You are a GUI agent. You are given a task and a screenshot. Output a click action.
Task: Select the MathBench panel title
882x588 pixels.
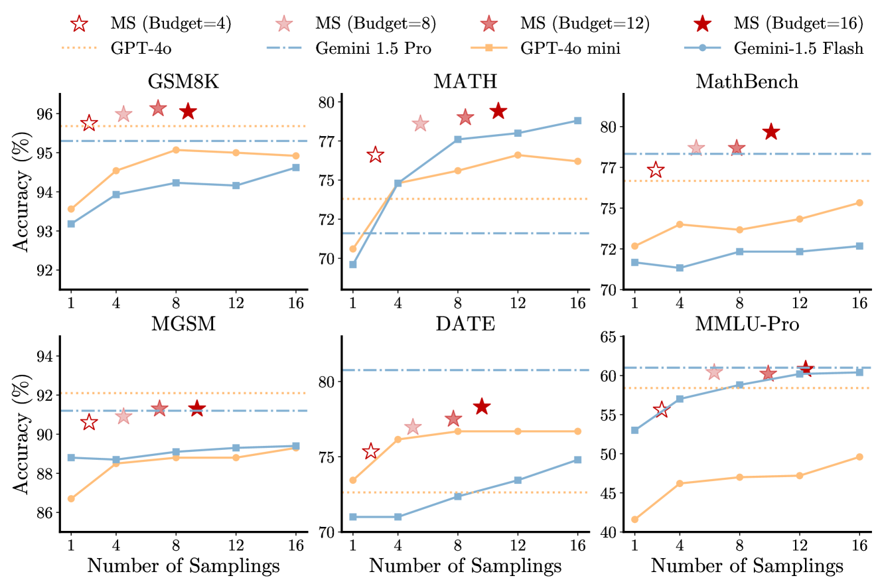point(747,82)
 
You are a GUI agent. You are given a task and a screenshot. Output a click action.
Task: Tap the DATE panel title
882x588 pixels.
point(465,325)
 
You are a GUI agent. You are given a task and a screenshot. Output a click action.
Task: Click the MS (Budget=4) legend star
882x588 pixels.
point(79,25)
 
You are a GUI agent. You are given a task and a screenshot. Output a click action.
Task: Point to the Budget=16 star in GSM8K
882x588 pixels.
point(188,111)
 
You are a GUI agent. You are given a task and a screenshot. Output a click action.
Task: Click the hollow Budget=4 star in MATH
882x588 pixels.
point(375,155)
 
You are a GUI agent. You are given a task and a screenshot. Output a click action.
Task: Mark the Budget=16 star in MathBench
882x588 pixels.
point(771,132)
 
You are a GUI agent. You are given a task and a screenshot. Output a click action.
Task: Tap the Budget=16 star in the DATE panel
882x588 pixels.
point(482,406)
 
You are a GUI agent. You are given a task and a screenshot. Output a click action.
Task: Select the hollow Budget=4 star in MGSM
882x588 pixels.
point(89,423)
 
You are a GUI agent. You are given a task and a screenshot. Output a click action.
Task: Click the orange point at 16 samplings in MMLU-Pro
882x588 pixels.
point(859,457)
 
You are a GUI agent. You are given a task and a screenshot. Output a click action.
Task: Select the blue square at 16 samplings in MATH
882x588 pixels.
point(577,121)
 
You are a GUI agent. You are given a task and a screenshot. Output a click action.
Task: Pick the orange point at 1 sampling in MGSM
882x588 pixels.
point(71,498)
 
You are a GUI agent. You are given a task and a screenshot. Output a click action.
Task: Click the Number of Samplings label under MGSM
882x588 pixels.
point(183,567)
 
